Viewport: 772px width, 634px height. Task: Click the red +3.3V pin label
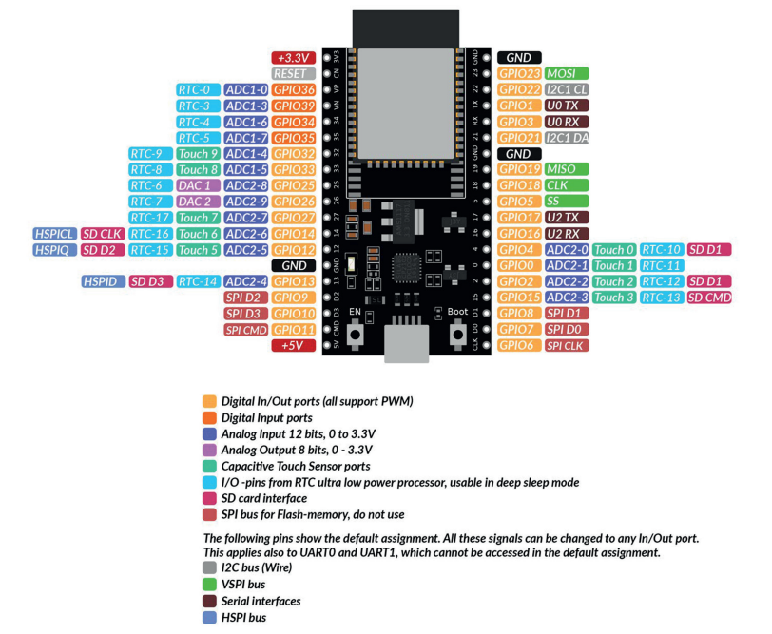[x=294, y=58]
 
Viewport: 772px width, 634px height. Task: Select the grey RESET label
[x=294, y=74]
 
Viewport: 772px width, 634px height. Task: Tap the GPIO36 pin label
[x=294, y=89]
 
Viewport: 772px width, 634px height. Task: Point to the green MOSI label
[x=567, y=73]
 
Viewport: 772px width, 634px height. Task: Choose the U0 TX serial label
[x=567, y=106]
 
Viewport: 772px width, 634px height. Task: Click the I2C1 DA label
[x=567, y=138]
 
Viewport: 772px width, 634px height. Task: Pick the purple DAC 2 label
[x=198, y=202]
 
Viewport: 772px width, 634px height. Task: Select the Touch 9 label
[x=198, y=154]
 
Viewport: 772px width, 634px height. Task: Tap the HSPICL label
[x=54, y=234]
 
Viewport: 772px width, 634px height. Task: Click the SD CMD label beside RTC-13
[x=709, y=298]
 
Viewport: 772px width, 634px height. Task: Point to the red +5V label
[x=294, y=346]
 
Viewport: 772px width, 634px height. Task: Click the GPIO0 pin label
[x=519, y=265]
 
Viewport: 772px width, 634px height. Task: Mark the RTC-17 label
[x=149, y=218]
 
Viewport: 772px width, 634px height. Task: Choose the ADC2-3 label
[x=567, y=298]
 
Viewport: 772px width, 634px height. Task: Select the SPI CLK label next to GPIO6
[x=567, y=346]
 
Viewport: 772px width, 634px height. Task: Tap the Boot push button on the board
[x=458, y=335]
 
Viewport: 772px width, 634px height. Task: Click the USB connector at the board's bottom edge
[x=406, y=343]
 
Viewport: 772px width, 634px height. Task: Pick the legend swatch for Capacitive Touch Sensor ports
[x=209, y=466]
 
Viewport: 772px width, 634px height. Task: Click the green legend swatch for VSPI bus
[x=209, y=585]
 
